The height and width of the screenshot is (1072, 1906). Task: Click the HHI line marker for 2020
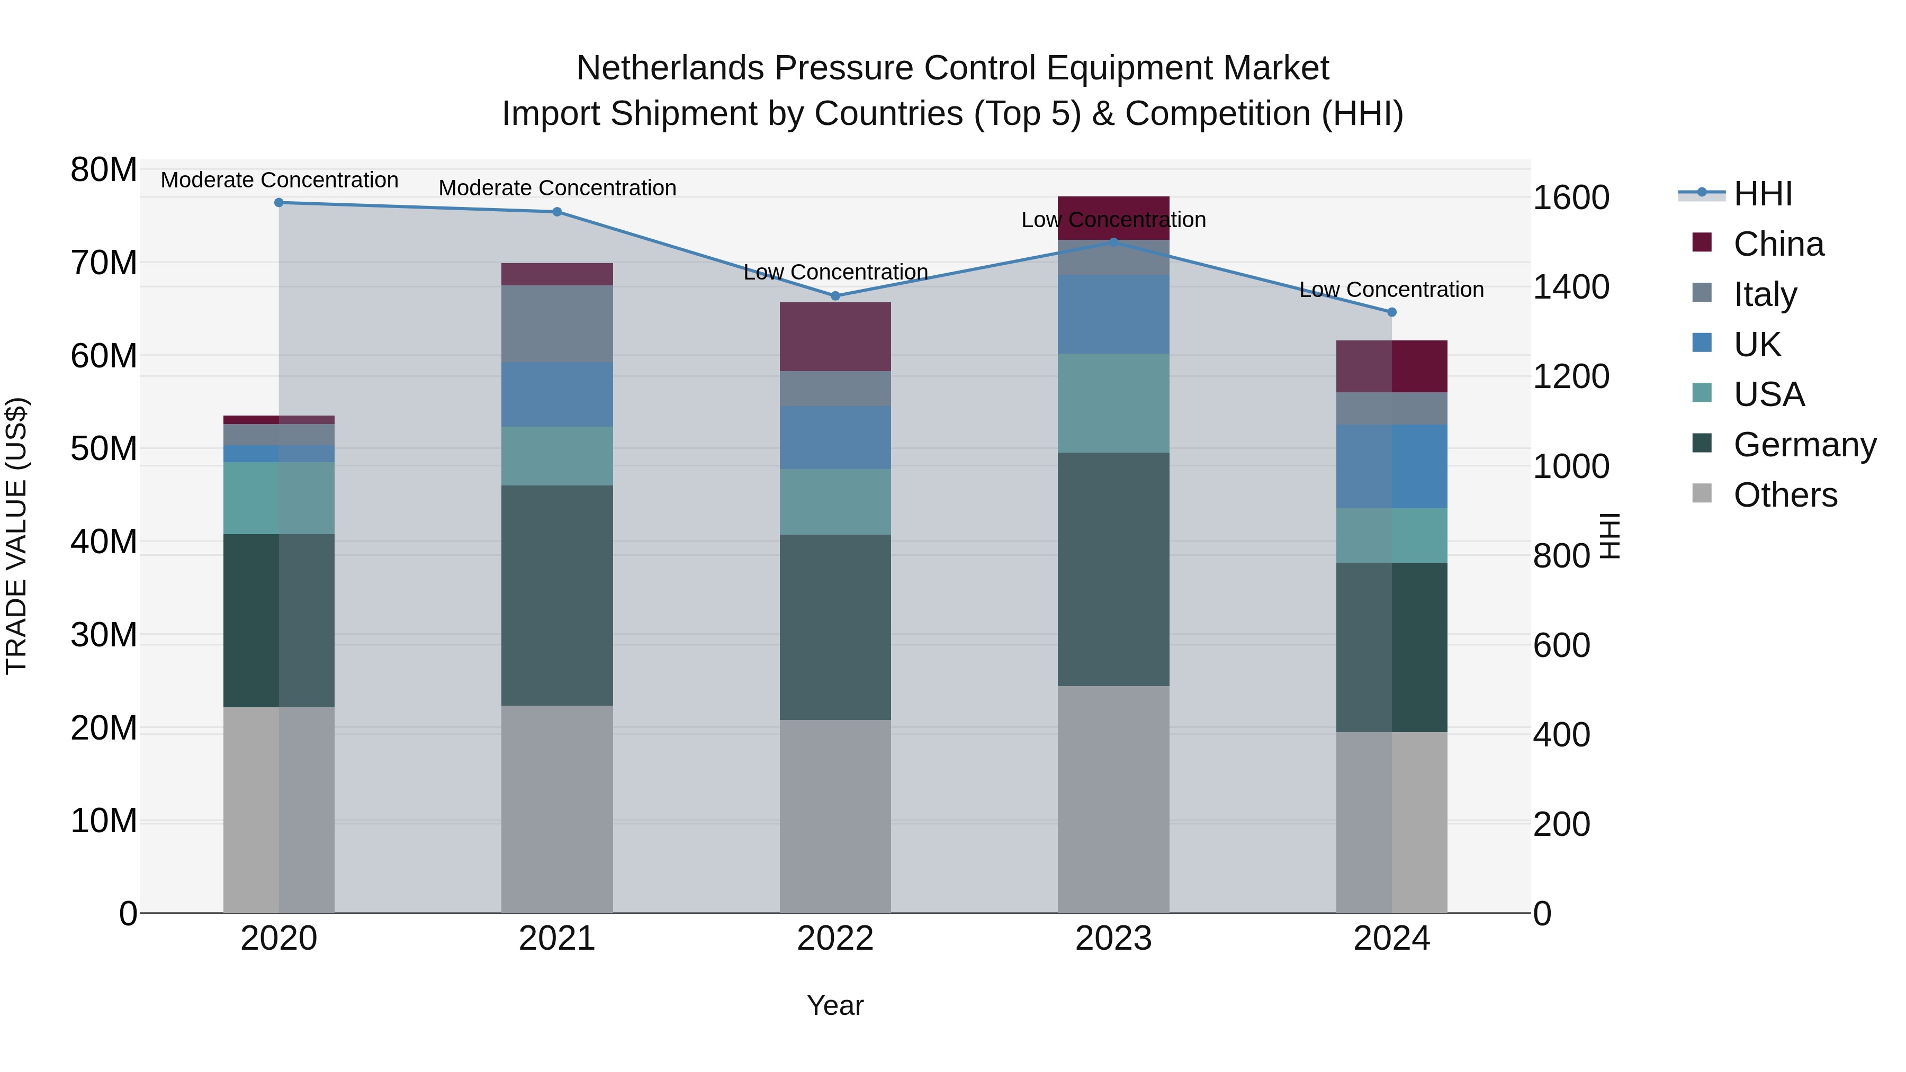[x=279, y=203]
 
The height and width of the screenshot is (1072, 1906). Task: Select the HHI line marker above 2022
[x=835, y=296]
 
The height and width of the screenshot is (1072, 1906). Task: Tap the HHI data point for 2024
[x=1392, y=312]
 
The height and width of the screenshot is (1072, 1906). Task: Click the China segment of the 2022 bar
[x=835, y=337]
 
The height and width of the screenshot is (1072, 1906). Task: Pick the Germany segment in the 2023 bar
[x=1113, y=569]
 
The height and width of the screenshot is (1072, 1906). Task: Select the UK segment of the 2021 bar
[x=557, y=394]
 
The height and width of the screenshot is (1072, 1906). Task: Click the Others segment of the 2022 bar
[x=835, y=816]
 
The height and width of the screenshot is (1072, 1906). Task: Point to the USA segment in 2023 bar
[x=1113, y=403]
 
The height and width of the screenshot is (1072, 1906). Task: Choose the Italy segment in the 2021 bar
[x=557, y=323]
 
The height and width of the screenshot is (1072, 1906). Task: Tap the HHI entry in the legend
[x=1763, y=194]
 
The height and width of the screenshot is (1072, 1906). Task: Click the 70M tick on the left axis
[x=104, y=263]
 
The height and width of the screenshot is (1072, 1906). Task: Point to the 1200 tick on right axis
[x=1571, y=376]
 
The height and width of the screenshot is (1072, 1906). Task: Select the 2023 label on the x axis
[x=1113, y=939]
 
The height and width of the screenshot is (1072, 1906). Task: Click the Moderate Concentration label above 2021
[x=557, y=188]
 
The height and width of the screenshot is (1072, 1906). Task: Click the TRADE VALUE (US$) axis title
[x=16, y=536]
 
